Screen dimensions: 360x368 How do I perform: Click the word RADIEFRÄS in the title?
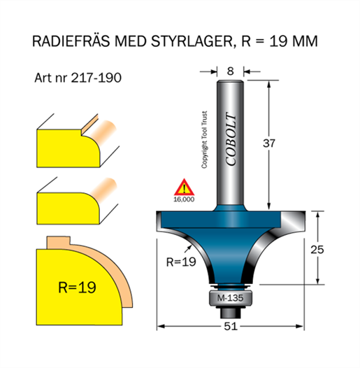pos(71,41)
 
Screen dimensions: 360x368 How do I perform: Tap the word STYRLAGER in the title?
pos(192,41)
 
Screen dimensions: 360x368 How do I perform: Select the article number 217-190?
pos(96,78)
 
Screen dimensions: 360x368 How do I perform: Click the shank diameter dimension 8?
pos(230,71)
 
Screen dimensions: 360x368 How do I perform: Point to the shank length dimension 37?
pos(268,143)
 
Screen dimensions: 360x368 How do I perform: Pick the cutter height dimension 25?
pos(317,250)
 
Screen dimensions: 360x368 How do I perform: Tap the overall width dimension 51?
pos(231,326)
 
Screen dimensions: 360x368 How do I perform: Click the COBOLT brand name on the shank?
pos(231,139)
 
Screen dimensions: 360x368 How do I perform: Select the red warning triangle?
pos(184,188)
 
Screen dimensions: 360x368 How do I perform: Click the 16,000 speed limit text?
pos(184,199)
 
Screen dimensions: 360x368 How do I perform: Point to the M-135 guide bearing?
pos(230,298)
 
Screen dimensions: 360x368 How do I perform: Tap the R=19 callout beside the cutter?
pos(181,262)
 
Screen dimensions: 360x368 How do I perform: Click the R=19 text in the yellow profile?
pos(77,288)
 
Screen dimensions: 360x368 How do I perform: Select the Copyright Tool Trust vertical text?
pos(205,140)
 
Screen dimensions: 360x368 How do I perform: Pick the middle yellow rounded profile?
pos(68,208)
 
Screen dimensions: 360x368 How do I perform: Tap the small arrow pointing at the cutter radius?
pos(188,248)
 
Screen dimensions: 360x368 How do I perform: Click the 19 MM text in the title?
pos(294,41)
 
